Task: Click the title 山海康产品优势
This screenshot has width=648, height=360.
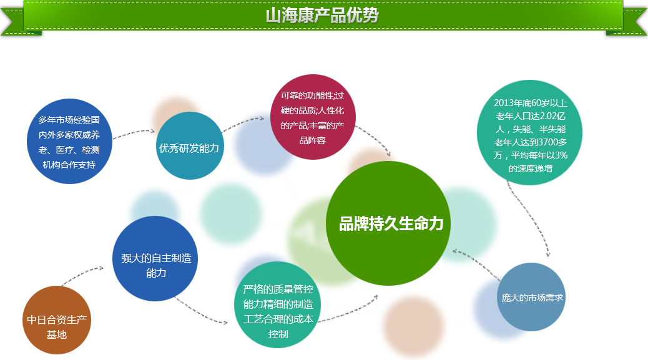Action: [322, 15]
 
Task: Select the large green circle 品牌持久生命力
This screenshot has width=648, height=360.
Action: [388, 223]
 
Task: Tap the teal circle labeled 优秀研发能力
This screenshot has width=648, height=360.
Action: [190, 146]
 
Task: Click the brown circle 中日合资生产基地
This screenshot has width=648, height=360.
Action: [57, 320]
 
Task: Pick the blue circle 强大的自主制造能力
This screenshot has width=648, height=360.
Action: [155, 258]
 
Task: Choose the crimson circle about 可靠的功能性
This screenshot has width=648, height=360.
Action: [313, 117]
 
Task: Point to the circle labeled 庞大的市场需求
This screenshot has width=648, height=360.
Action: [531, 297]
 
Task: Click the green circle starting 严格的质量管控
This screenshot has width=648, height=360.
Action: [278, 304]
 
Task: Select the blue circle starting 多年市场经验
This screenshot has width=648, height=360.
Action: [69, 141]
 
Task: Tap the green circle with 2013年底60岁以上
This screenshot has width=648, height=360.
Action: [529, 132]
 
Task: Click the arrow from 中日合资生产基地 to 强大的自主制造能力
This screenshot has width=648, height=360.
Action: [81, 275]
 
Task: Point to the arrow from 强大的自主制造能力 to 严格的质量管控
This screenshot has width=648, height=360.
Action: [200, 311]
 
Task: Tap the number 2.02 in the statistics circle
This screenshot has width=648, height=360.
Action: [546, 116]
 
